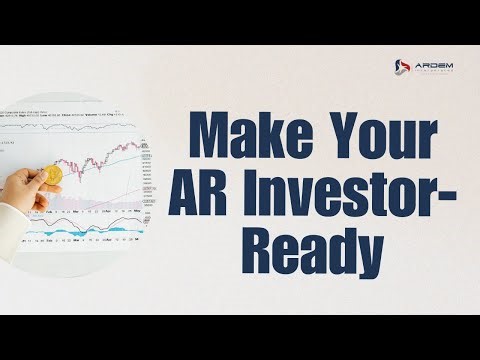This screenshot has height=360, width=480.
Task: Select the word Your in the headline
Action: point(374,134)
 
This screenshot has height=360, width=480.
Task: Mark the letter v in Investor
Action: point(300,194)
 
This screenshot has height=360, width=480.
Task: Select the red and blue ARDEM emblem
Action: point(398,68)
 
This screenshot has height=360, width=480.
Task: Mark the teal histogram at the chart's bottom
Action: point(100,232)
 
